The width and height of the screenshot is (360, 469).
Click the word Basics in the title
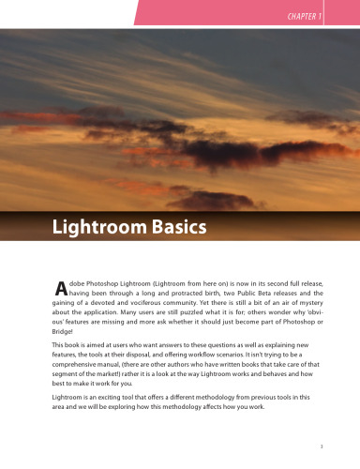175,227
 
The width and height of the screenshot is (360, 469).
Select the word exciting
117,423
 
